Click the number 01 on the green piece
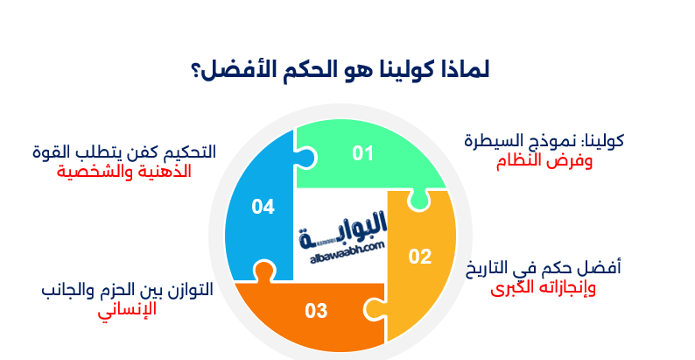click(x=362, y=154)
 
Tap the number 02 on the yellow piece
click(x=421, y=257)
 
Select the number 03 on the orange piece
click(x=316, y=310)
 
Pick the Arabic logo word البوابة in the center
click(x=347, y=231)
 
